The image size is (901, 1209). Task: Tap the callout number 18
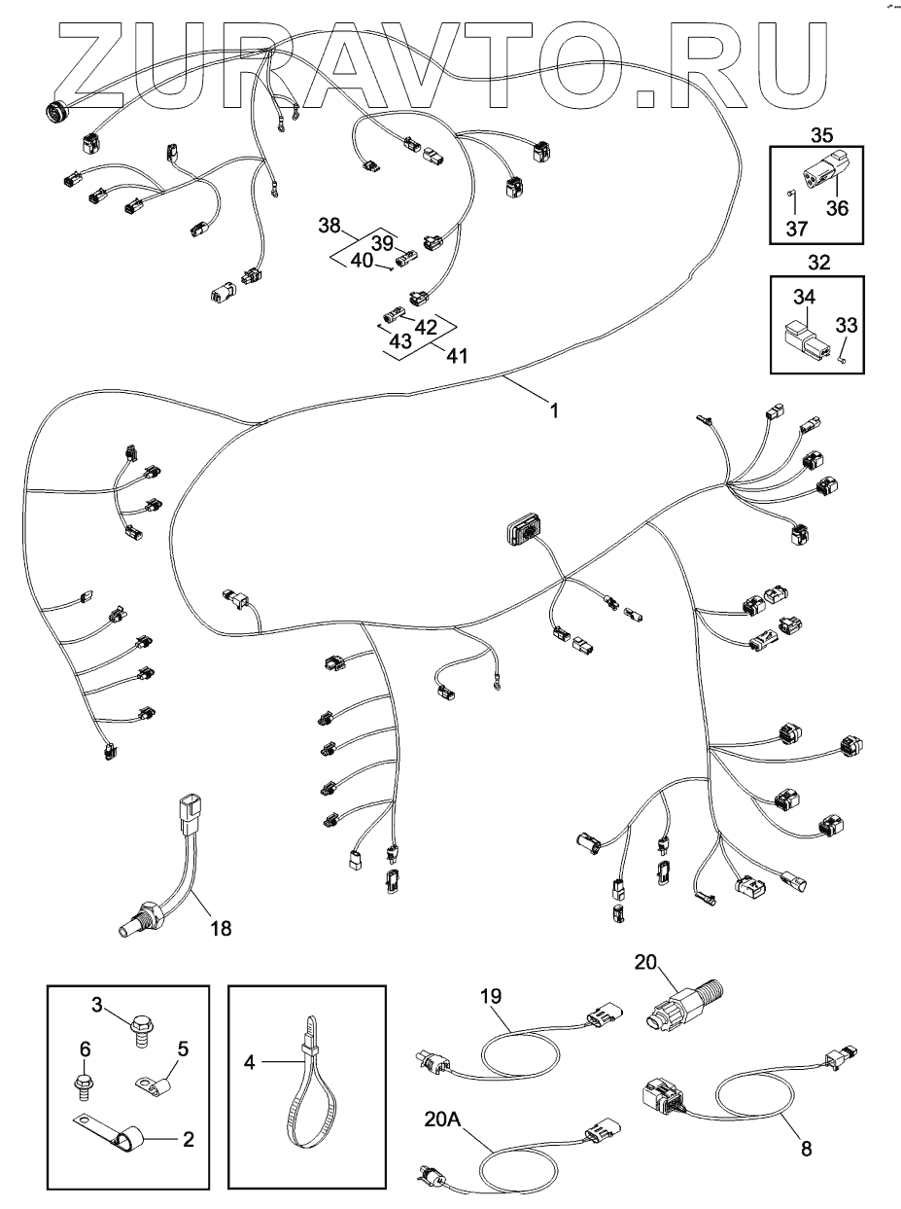click(221, 928)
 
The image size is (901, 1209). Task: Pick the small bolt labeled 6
click(86, 1079)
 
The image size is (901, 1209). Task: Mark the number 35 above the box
click(822, 134)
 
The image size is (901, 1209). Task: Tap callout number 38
click(329, 227)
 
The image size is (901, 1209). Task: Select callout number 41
click(456, 356)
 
